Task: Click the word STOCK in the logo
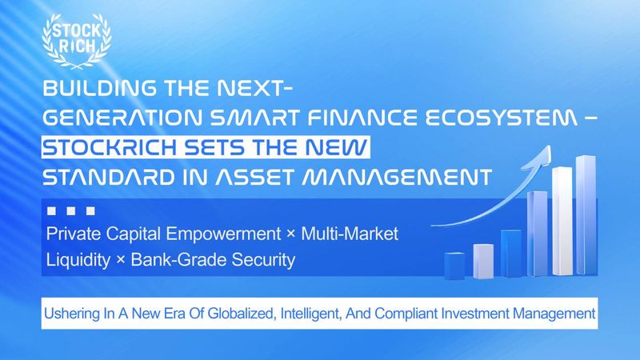(77, 30)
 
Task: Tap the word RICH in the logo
(77, 46)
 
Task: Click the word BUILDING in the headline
(99, 88)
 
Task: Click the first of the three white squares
(51, 210)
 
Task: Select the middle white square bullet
(71, 210)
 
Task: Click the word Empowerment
(223, 234)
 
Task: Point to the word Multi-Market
(350, 234)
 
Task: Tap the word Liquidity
(78, 260)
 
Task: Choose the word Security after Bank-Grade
(263, 260)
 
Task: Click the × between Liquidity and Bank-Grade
(121, 261)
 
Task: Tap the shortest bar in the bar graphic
(454, 266)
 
